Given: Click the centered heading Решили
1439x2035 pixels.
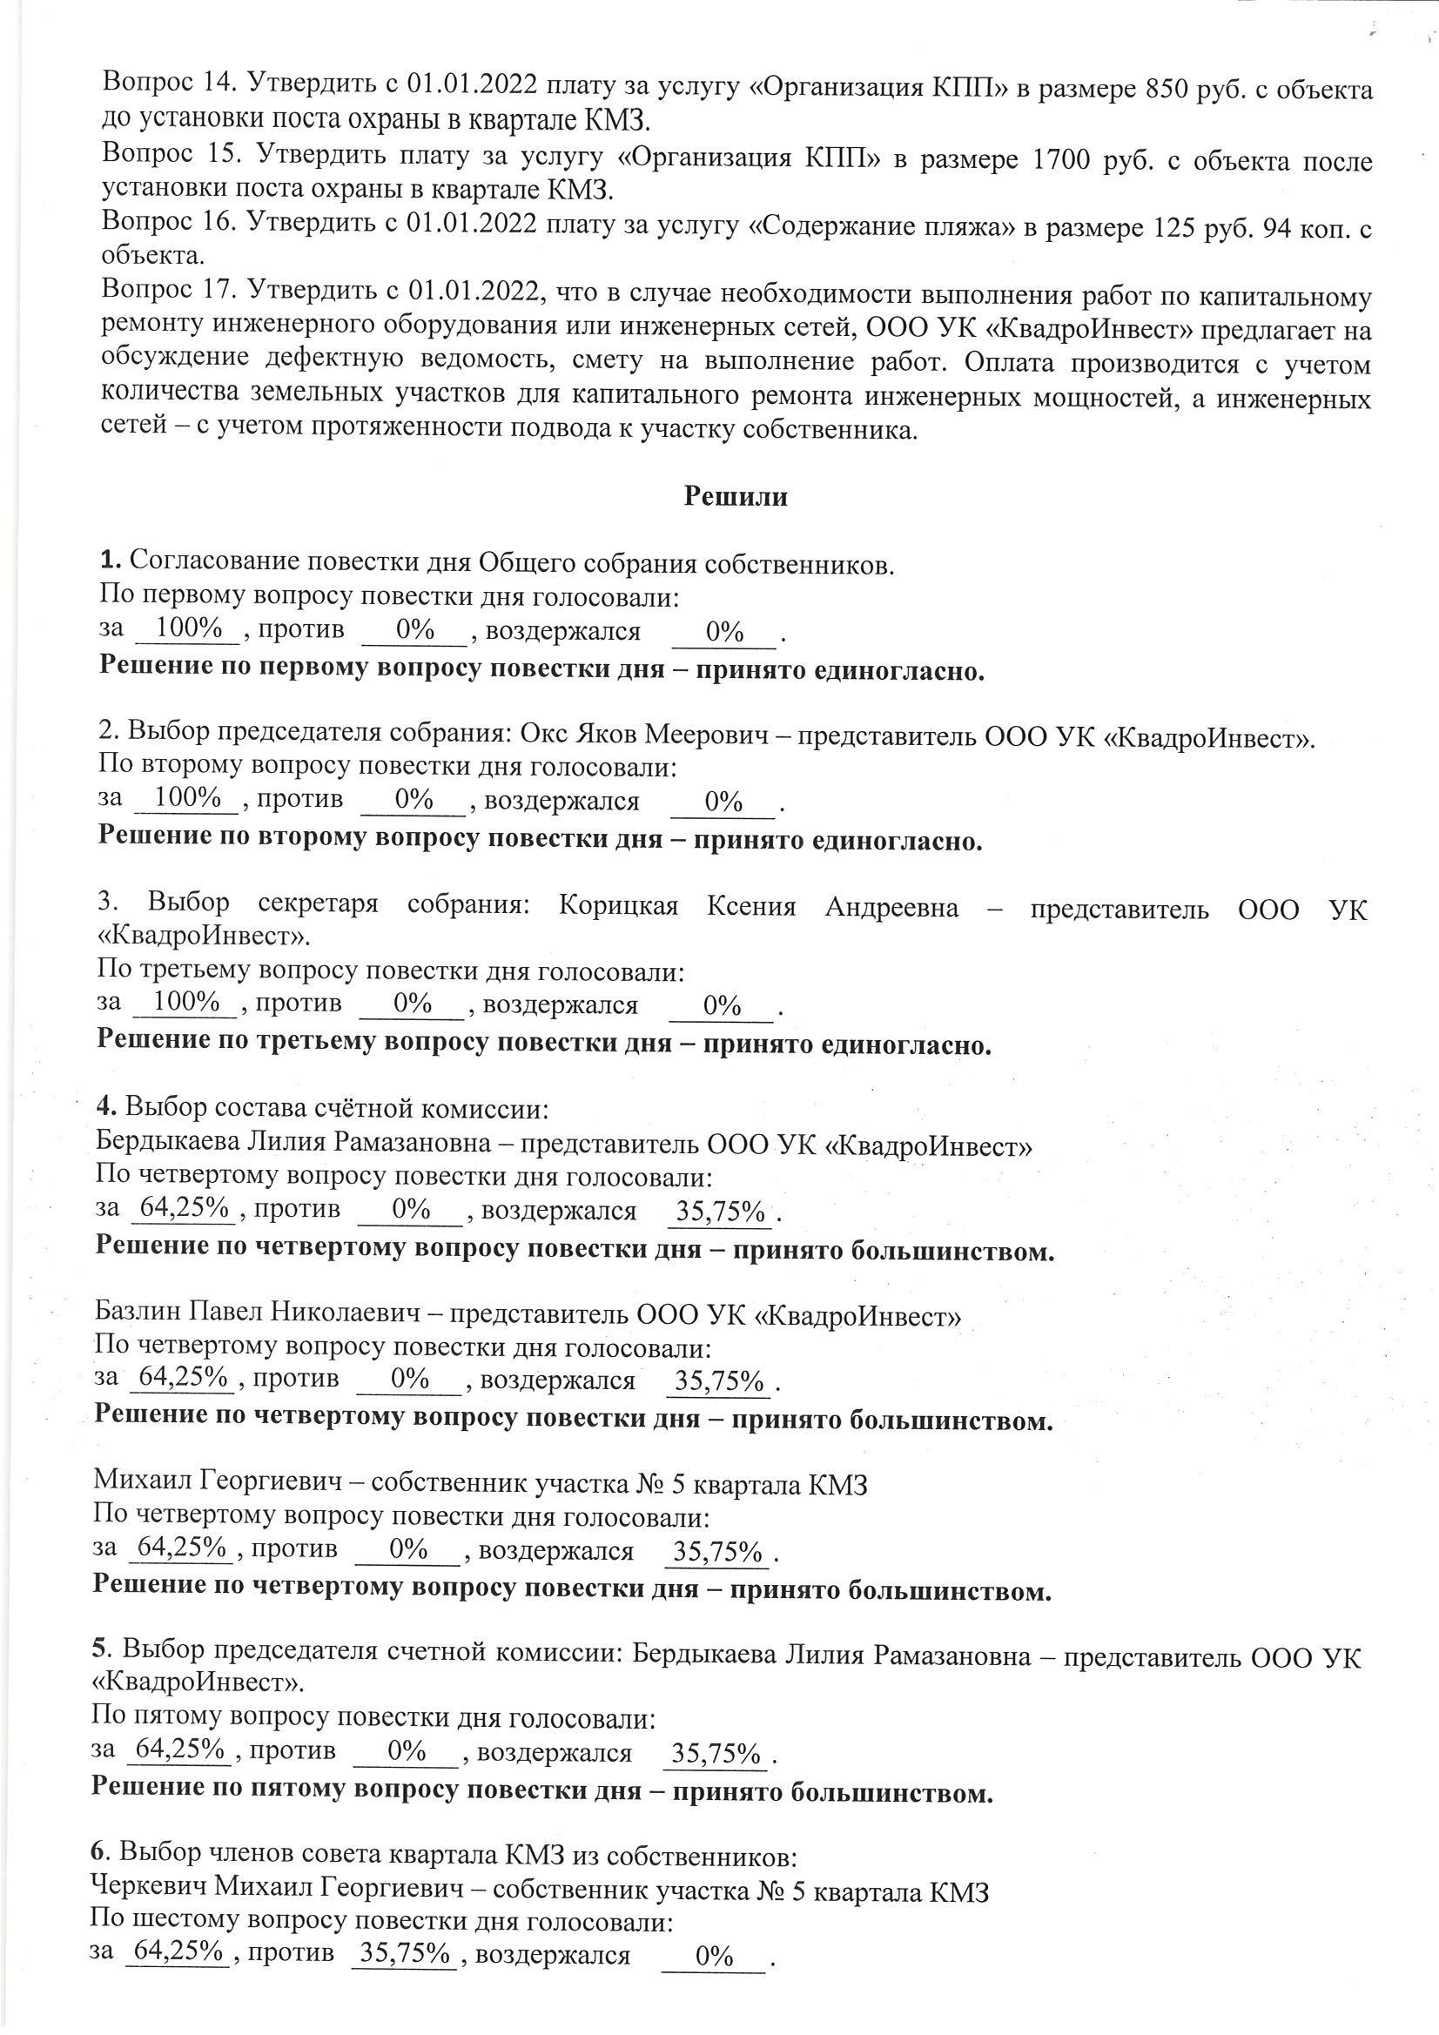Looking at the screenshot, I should pyautogui.click(x=735, y=495).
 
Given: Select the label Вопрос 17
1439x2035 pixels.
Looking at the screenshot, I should pyautogui.click(x=166, y=289).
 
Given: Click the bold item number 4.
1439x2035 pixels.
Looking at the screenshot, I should pyautogui.click(x=105, y=1106).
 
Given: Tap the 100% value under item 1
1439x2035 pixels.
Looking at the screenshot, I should pyautogui.click(x=186, y=628).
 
